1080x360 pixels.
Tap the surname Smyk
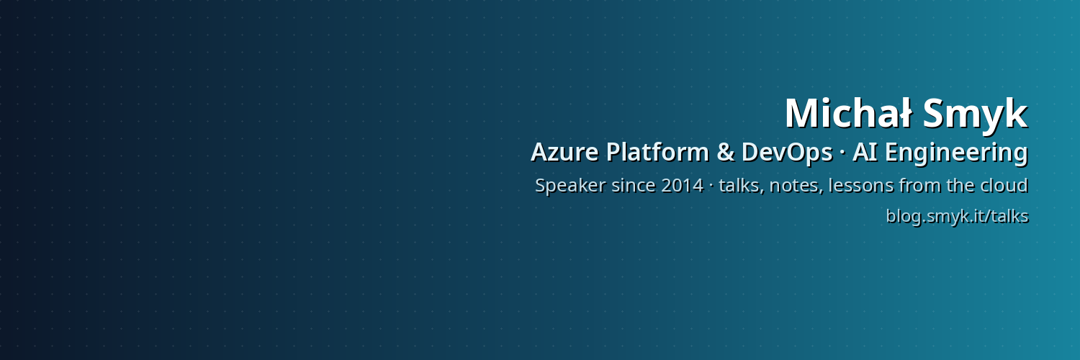tap(976, 116)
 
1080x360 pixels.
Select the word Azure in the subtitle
tap(564, 153)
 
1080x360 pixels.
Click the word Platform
tap(657, 152)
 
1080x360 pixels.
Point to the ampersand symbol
tap(726, 153)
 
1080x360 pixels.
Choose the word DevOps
tap(787, 153)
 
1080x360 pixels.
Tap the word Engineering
tap(957, 153)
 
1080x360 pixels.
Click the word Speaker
tap(570, 186)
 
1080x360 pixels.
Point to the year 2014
tap(683, 186)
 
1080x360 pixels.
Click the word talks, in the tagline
tap(742, 186)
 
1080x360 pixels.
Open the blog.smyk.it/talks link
tap(957, 217)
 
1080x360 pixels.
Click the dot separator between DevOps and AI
tap(842, 153)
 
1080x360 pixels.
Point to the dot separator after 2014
tap(711, 186)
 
